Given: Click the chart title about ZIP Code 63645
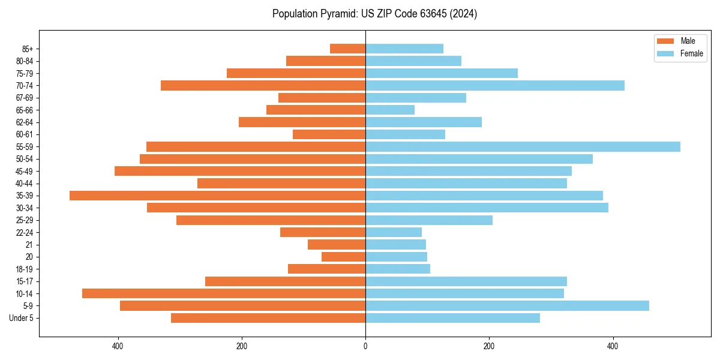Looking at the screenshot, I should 374,14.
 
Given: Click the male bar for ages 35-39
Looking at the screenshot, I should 217,196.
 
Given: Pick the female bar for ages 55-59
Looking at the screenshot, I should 523,146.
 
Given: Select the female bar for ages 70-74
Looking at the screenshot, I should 495,85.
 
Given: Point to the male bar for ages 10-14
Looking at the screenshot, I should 224,293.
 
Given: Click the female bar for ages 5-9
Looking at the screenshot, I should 507,306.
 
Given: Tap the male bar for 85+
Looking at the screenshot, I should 348,49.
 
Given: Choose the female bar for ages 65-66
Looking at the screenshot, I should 390,110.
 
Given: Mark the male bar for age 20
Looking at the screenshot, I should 344,257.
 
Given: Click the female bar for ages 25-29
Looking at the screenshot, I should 429,220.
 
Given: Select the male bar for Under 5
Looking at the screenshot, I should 268,318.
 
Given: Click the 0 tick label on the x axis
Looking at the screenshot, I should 365,346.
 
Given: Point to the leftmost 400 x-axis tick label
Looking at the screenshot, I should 118,346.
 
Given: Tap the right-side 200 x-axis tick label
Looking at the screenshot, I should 489,346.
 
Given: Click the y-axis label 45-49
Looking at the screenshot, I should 24,171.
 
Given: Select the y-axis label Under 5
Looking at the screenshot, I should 22,318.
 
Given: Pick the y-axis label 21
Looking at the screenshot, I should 29,245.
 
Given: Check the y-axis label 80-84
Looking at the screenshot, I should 24,61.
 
